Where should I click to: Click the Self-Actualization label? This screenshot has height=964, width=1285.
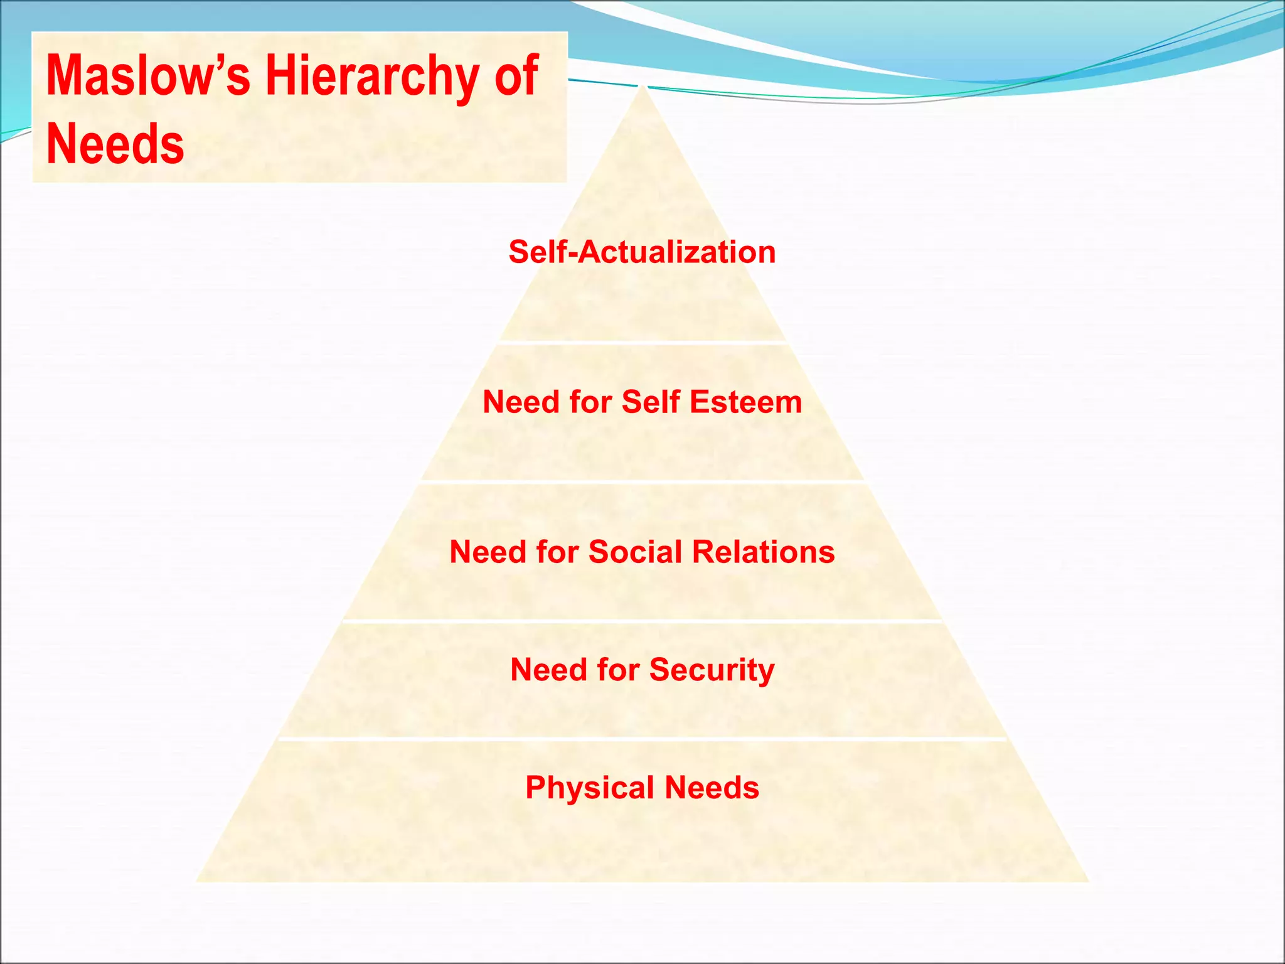click(x=642, y=252)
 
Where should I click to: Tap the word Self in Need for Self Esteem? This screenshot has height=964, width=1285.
click(x=651, y=402)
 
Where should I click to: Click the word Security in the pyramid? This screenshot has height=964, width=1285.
click(x=712, y=670)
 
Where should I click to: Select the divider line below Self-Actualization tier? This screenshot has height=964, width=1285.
click(x=642, y=343)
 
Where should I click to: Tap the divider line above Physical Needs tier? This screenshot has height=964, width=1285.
click(x=642, y=739)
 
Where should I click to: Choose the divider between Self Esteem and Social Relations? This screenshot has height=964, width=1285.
click(x=642, y=482)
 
